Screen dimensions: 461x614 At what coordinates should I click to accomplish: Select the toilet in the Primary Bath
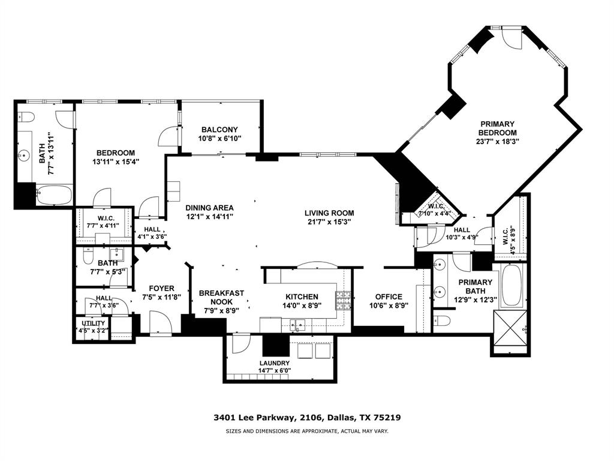(x=441, y=320)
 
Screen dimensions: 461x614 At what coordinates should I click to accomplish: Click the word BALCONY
(x=219, y=130)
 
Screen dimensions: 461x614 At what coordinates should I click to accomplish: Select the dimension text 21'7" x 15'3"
(x=329, y=221)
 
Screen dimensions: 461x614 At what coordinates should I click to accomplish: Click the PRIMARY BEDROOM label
(x=497, y=128)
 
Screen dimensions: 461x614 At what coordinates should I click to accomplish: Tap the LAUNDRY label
(x=275, y=363)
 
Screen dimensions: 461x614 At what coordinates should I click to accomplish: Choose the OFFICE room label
(x=389, y=297)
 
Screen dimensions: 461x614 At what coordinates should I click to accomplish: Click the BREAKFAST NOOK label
(x=221, y=297)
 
